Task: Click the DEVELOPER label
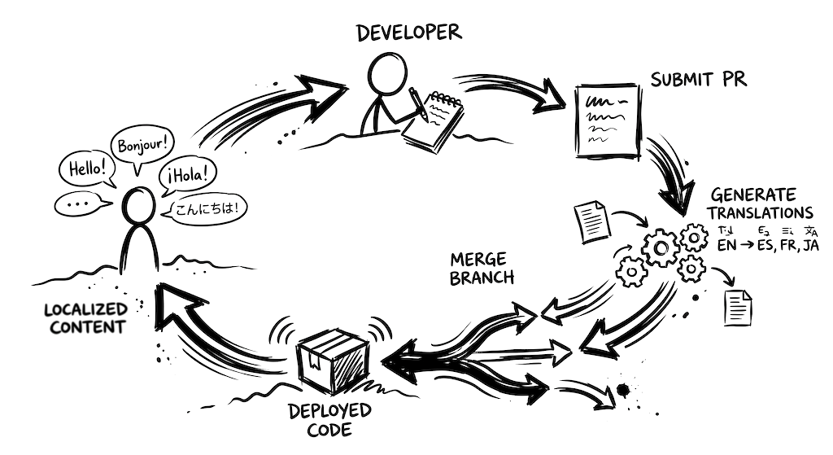[409, 33]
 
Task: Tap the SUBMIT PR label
[698, 80]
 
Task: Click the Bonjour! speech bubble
[143, 146]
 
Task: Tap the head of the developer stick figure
[386, 75]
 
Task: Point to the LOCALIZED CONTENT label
[85, 318]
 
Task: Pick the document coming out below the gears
[737, 306]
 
